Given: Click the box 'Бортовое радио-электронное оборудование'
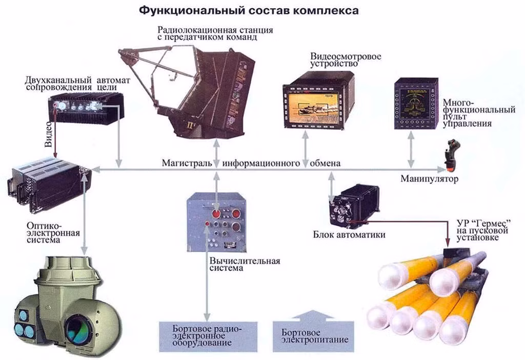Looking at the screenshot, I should [207, 336].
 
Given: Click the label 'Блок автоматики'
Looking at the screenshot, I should [342, 235].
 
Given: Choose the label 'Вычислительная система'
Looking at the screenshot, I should [244, 265].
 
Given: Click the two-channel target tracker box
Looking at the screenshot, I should [86, 108].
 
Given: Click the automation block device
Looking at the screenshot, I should [354, 205].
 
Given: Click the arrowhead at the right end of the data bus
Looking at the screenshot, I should [442, 169].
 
